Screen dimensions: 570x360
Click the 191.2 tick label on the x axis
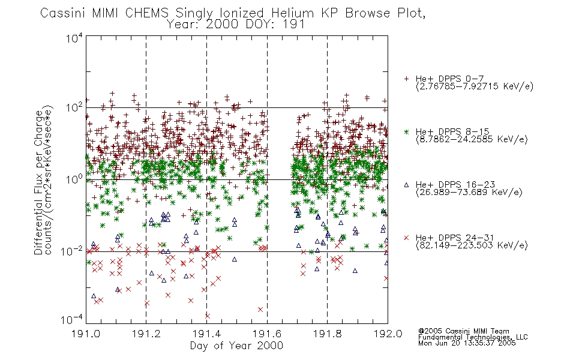146,334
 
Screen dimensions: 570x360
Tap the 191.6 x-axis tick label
267,334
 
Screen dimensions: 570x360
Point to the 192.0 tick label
388,334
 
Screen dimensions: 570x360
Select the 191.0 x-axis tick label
86,334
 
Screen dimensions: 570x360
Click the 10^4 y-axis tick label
74,38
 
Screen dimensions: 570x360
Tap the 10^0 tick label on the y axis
74,179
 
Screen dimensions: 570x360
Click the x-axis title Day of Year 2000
236,346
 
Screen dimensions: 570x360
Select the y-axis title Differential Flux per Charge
38,182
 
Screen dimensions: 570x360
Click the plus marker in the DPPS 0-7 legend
406,79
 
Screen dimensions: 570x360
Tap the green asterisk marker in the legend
406,131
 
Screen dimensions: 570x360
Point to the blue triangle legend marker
406,185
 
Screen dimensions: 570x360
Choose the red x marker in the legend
406,238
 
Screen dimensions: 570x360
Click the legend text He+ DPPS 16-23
455,184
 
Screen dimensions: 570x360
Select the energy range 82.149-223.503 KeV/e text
472,245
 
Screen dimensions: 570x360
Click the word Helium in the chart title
292,13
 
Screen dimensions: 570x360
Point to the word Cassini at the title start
63,13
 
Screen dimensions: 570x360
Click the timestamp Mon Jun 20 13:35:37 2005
467,343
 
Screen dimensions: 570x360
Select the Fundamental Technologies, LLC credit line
473,337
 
